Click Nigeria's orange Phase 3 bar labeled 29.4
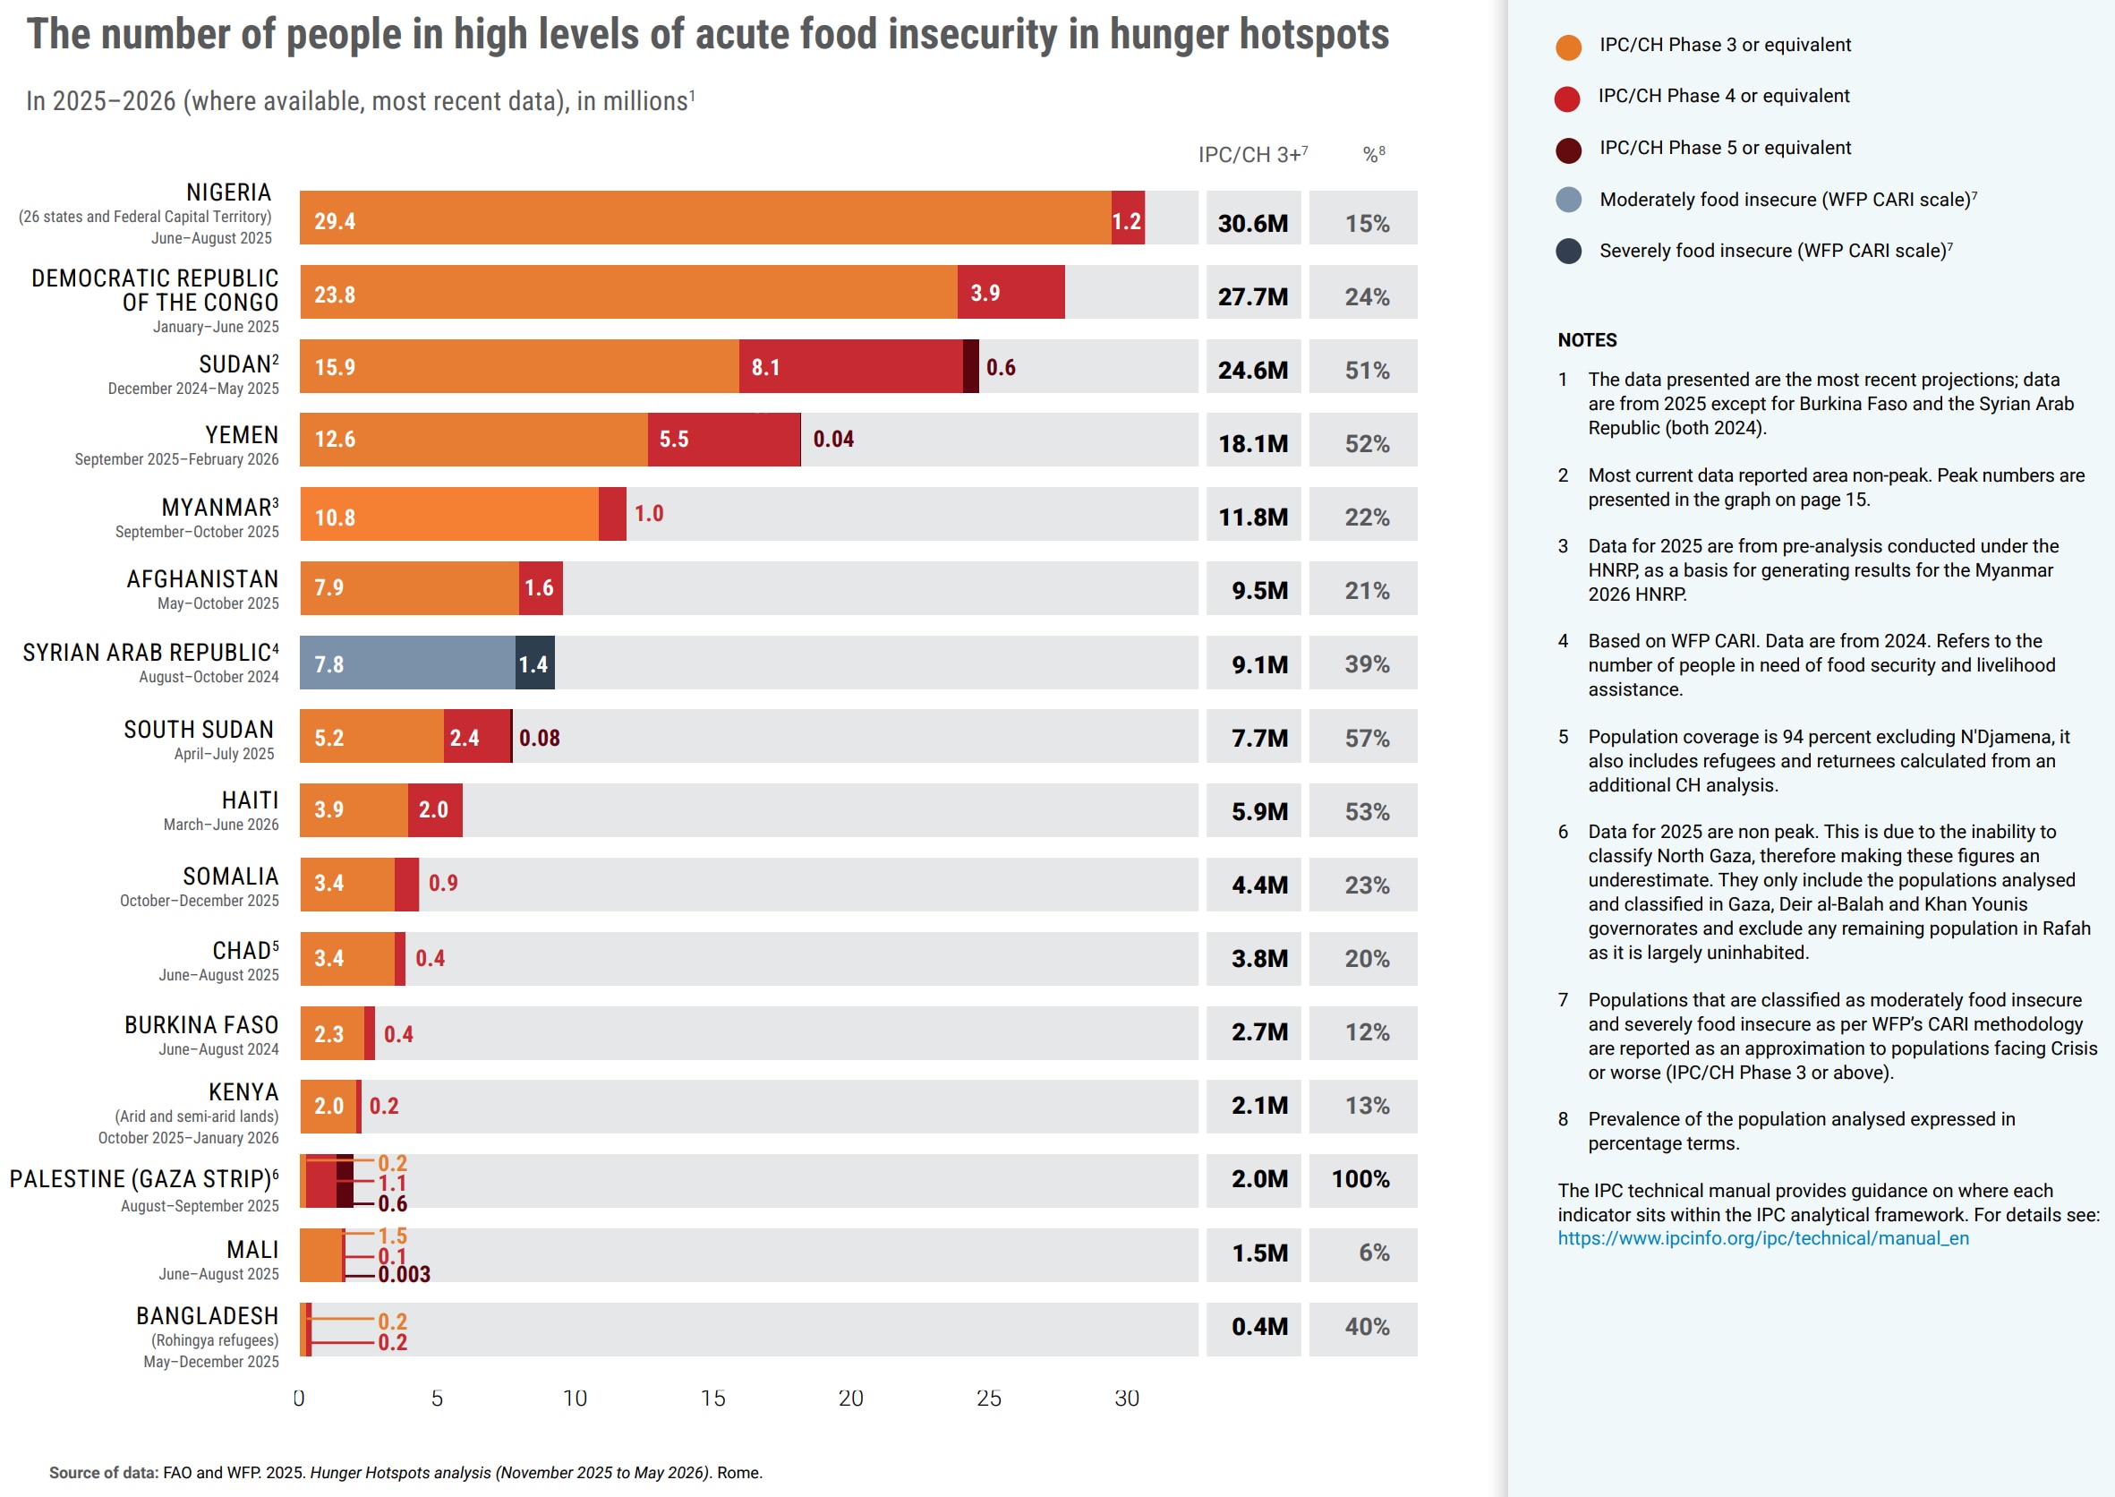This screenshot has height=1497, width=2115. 705,218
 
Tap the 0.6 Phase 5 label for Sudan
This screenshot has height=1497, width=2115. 1000,368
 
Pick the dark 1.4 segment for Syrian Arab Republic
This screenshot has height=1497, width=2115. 534,663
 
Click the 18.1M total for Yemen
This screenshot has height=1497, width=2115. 1252,443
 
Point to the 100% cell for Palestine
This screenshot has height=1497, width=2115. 1360,1179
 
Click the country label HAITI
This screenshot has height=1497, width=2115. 250,800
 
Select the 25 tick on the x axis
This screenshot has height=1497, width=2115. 988,1399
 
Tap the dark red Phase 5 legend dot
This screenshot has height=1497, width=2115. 1567,150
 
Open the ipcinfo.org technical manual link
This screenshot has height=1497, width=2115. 1762,1238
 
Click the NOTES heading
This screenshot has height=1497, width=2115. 1586,340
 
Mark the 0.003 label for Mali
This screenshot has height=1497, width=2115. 404,1275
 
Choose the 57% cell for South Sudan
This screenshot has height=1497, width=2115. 1366,739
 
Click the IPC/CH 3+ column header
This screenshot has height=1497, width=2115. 1250,155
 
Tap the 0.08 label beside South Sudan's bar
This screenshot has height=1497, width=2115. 539,739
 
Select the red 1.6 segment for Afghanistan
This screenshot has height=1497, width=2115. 540,588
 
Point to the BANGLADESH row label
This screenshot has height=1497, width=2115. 208,1315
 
